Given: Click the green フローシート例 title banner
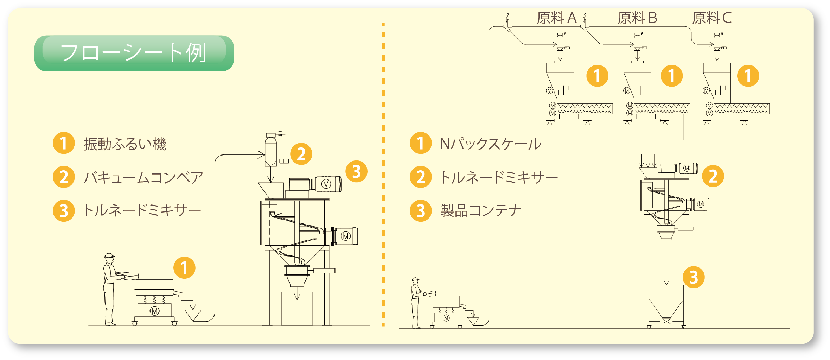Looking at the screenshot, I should (x=134, y=53).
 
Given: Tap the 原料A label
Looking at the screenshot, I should (x=556, y=18).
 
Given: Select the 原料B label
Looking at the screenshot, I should (x=637, y=18).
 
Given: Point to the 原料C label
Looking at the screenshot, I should (x=712, y=18).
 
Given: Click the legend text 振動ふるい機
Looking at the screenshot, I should (x=125, y=144).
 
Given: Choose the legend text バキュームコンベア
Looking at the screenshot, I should (x=143, y=177).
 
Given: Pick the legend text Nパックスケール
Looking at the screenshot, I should (x=491, y=144).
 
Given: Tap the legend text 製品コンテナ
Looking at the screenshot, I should (x=480, y=211).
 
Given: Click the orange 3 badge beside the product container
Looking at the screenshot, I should (x=694, y=277).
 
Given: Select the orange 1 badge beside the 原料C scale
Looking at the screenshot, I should (x=748, y=76).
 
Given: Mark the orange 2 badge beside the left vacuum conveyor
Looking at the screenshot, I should (x=301, y=154).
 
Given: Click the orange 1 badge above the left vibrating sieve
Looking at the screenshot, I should (x=184, y=268).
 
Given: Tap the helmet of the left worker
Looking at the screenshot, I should (x=109, y=255).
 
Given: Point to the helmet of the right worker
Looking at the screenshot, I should (x=416, y=279).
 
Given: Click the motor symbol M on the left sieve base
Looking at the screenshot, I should (x=155, y=311).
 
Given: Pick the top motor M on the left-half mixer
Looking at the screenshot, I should (x=326, y=184).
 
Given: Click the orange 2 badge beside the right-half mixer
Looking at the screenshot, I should (x=713, y=176).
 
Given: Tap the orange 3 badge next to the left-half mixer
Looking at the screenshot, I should (x=356, y=172).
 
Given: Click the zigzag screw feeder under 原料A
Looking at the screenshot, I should (x=585, y=109).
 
